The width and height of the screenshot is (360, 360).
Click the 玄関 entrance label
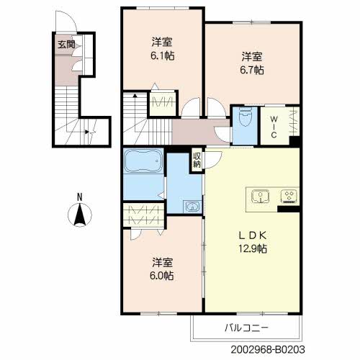65,43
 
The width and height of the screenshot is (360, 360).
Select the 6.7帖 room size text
252,70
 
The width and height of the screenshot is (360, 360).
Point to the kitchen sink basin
260,195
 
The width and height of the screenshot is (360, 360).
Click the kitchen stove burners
289,195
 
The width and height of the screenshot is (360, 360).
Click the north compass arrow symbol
81,215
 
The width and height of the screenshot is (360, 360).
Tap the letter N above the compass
81,197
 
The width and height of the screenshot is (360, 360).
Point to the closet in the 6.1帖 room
163,103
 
